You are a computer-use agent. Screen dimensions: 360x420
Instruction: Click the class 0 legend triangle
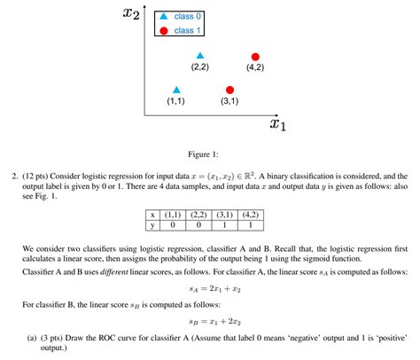click(x=164, y=17)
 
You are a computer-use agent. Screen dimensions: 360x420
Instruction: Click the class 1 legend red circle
click(x=164, y=31)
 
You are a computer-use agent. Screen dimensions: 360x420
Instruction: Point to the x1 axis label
click(x=277, y=124)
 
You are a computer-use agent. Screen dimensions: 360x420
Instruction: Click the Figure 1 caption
click(x=210, y=153)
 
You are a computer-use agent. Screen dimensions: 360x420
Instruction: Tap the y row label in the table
click(x=154, y=224)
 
